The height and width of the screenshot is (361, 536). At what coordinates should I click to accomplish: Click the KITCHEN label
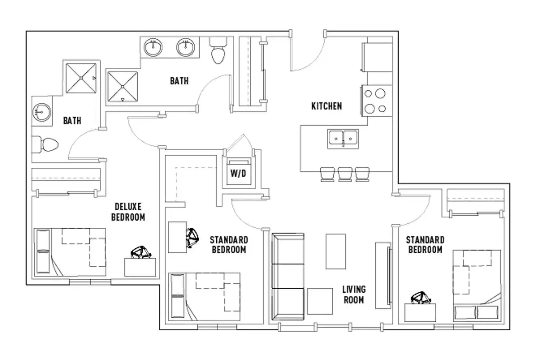click(326, 106)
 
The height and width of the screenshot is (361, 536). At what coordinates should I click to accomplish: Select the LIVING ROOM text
click(354, 294)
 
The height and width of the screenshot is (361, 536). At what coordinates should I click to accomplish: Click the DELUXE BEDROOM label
click(130, 212)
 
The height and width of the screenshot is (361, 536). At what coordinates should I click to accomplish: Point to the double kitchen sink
click(343, 138)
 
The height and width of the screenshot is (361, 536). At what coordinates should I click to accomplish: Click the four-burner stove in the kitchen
click(375, 101)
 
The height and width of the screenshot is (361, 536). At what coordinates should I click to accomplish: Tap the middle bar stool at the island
click(345, 174)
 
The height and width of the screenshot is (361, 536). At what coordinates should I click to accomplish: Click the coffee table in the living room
click(336, 251)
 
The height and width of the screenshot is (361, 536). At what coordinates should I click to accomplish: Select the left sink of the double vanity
click(154, 46)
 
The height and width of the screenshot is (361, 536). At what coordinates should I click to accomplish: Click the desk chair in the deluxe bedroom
click(141, 253)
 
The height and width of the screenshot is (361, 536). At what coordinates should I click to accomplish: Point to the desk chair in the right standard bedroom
click(421, 297)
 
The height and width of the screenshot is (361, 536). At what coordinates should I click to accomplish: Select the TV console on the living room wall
click(382, 275)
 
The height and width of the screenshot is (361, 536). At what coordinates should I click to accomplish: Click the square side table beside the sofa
click(320, 301)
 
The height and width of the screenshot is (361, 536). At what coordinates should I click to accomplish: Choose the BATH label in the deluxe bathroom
click(72, 120)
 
